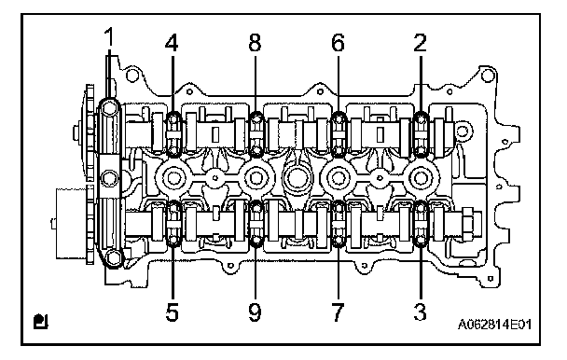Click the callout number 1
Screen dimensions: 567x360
tap(108, 37)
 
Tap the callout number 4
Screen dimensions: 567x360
tap(172, 43)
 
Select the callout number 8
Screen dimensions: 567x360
tap(255, 43)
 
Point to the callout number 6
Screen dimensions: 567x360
tap(339, 43)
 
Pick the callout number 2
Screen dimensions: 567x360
tap(420, 43)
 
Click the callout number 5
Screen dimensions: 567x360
tap(173, 312)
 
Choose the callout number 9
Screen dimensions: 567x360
tap(255, 312)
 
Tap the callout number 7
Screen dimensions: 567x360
tap(338, 312)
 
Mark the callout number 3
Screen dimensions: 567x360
tap(421, 312)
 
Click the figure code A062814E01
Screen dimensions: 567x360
tap(495, 325)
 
